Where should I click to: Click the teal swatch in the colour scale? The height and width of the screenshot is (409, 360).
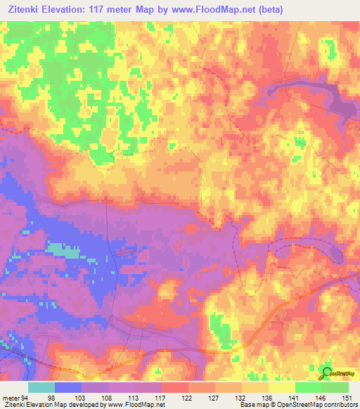(41, 387)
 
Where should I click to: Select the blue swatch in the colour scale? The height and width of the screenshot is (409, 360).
(68, 387)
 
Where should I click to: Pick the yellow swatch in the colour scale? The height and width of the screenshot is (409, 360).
(282, 387)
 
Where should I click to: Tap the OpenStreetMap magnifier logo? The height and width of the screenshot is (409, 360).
(326, 372)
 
